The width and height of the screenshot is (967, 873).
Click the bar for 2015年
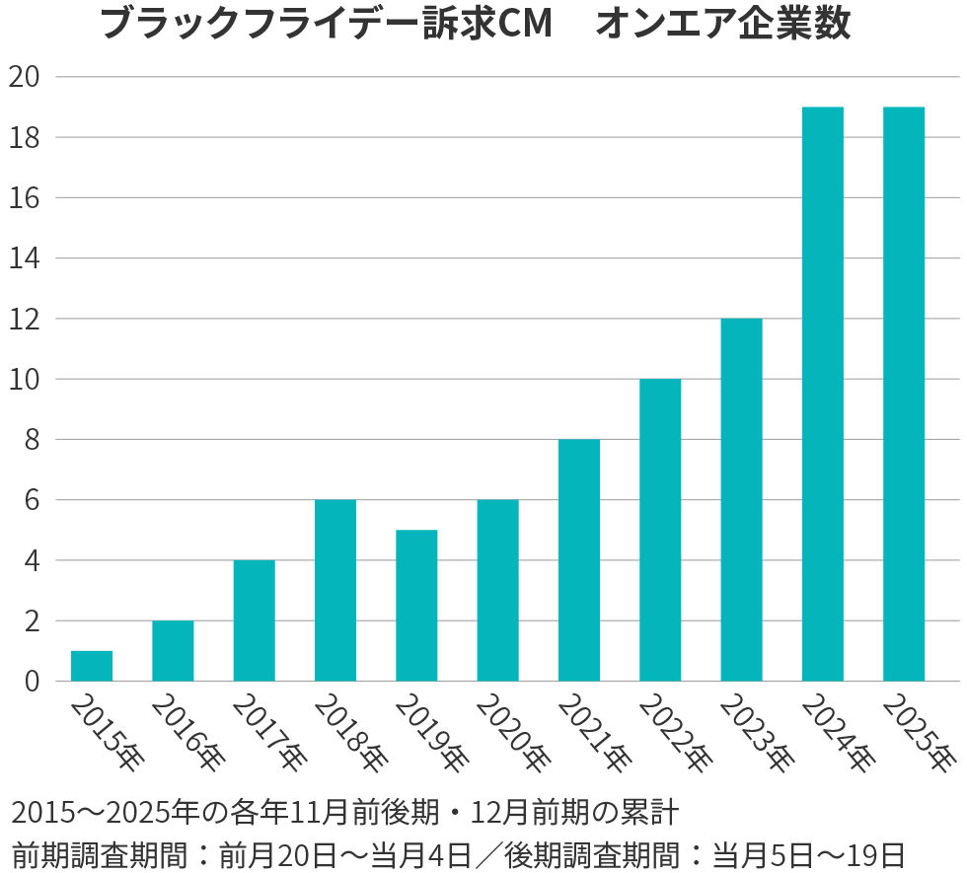click(92, 666)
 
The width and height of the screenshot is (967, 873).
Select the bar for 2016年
click(173, 651)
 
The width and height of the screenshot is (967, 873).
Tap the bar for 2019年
click(416, 606)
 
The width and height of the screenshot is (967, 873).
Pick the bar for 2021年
click(578, 560)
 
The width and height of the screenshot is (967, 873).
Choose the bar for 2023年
click(741, 500)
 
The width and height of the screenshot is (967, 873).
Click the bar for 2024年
click(822, 395)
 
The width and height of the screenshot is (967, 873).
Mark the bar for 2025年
click(903, 395)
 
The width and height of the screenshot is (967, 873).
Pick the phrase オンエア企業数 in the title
click(722, 25)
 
